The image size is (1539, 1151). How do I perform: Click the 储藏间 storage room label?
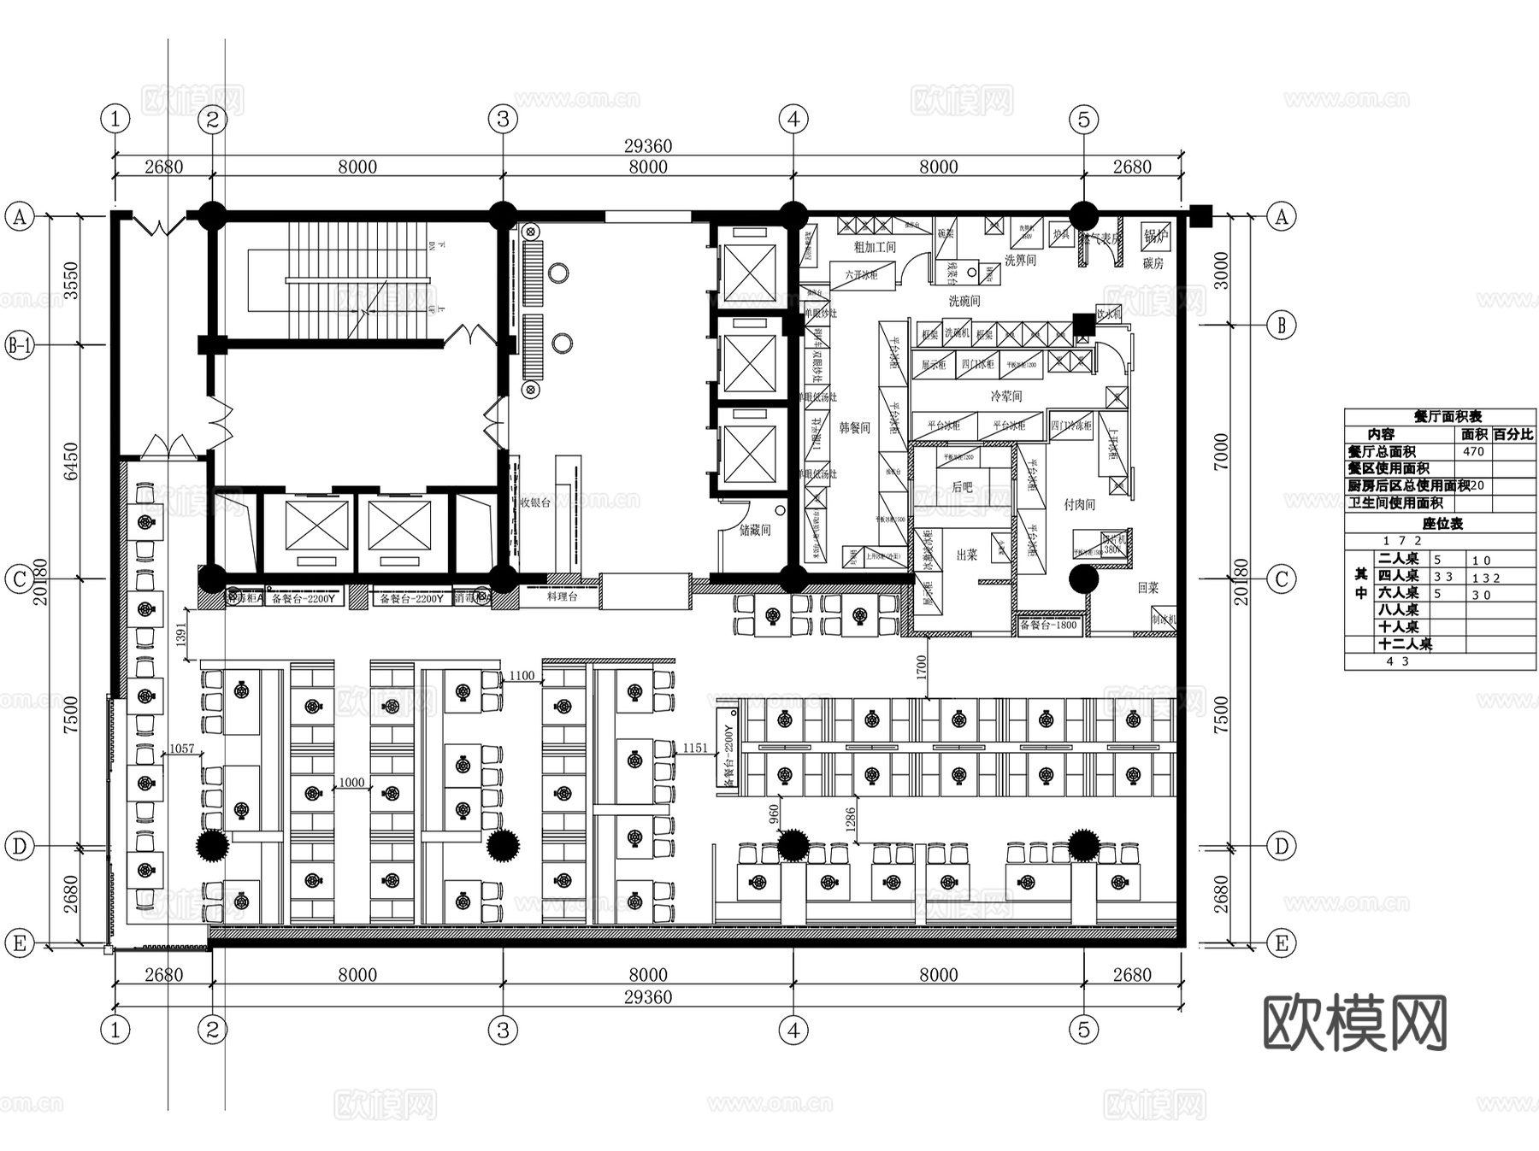point(755,530)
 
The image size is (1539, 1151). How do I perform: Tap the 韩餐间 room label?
point(854,427)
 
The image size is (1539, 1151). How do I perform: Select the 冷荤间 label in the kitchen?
point(1006,396)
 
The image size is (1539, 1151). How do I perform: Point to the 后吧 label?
point(962,486)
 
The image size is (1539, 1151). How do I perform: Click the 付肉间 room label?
point(1079,504)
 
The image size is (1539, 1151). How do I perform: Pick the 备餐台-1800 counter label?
point(1048,625)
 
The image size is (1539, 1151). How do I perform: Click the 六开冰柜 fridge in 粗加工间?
point(861,275)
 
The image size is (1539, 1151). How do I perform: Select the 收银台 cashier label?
point(535,503)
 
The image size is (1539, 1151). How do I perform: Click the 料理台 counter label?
point(562,596)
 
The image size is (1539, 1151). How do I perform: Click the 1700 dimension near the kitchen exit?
point(921,667)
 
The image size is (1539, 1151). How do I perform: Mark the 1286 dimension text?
point(850,821)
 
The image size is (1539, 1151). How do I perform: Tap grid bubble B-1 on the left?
point(19,345)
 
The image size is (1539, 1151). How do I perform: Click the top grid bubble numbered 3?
point(503,119)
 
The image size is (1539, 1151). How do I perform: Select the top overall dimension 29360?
point(647,146)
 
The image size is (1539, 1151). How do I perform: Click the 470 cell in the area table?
point(1473,451)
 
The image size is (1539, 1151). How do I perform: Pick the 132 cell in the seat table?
point(1486,578)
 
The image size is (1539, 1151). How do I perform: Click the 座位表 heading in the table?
point(1442,524)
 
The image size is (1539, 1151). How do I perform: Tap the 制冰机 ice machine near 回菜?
point(1163,620)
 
